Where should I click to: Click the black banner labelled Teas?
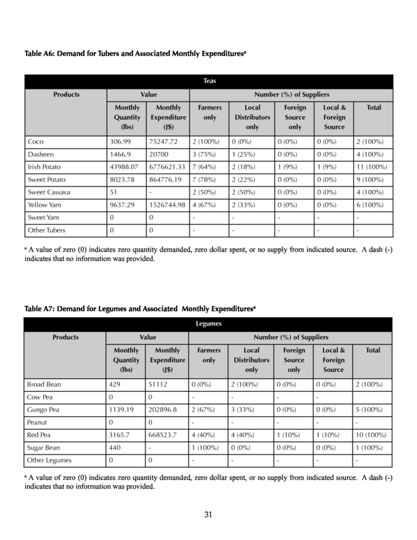point(208,82)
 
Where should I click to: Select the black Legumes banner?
point(208,323)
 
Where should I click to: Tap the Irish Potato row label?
point(44,166)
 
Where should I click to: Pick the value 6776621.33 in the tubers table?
point(167,166)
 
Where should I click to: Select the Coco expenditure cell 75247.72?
point(163,141)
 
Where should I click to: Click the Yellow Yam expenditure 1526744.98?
point(167,205)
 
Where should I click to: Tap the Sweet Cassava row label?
point(49,192)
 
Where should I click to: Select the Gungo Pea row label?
point(43,409)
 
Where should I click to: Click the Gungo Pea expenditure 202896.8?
point(164,409)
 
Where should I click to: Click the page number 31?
point(208,515)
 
